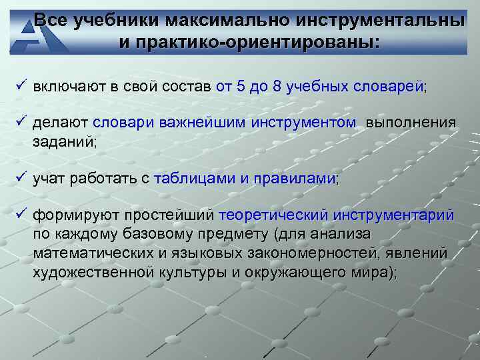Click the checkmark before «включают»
[x=21, y=86]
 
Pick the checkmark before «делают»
[x=21, y=121]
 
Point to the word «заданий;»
[x=65, y=141]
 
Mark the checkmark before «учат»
[x=21, y=177]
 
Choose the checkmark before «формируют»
[x=21, y=214]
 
